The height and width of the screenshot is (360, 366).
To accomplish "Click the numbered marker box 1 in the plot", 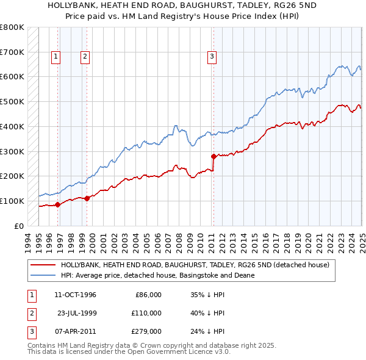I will click(x=56, y=57).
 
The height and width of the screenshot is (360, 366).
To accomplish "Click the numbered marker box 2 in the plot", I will click(x=84, y=57).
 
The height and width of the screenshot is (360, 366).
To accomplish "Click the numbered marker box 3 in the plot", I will click(x=212, y=57).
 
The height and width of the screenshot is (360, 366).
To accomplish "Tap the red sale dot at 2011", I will click(x=213, y=156).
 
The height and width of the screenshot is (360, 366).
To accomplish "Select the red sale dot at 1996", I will click(x=57, y=204).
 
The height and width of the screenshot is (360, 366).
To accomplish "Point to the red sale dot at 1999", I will click(x=87, y=198).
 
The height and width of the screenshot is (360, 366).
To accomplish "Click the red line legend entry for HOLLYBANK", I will click(x=195, y=265).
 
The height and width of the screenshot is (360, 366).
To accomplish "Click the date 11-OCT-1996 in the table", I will click(x=75, y=295).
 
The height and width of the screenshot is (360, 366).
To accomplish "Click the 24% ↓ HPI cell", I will click(x=207, y=331).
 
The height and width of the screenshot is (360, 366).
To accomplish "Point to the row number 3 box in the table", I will click(x=30, y=331).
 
